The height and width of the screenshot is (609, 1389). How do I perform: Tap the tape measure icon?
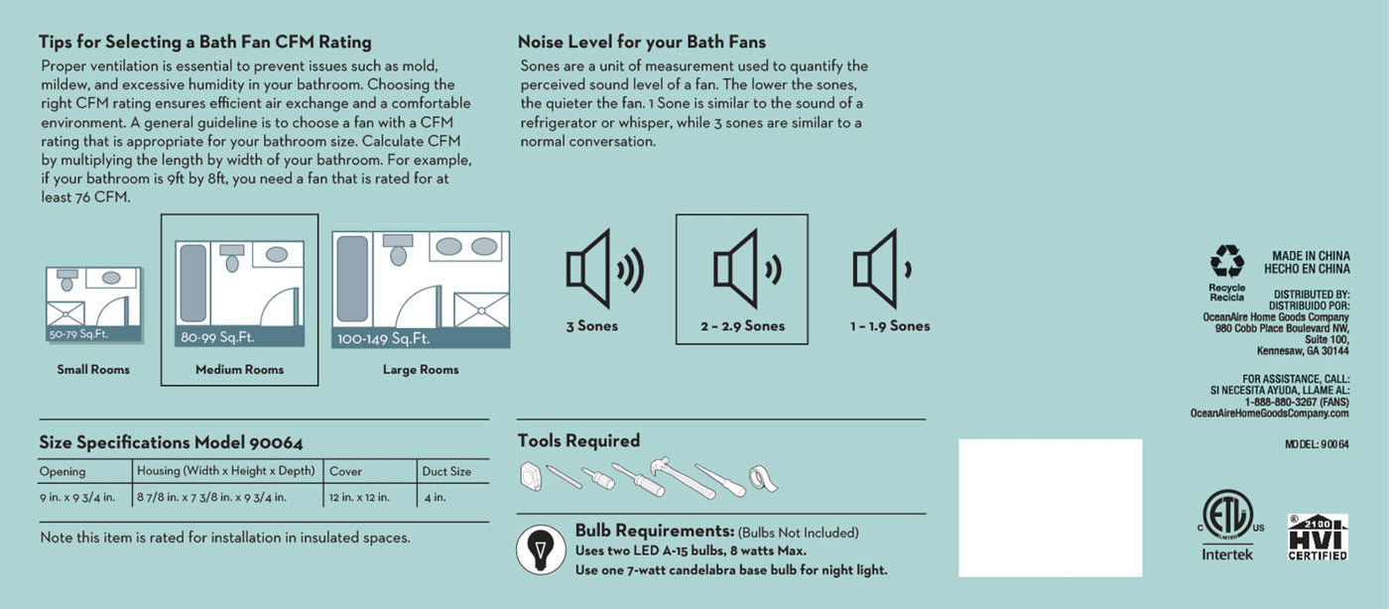pos(530,476)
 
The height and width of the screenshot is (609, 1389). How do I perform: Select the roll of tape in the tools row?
pos(763,479)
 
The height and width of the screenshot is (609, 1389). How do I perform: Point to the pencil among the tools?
pos(565,477)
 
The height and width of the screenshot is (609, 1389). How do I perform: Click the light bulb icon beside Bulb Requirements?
pos(541,549)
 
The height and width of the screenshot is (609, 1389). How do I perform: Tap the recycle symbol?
pos(1227,261)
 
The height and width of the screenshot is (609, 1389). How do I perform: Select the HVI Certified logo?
pos(1318,537)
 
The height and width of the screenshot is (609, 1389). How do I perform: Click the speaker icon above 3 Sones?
pos(604,269)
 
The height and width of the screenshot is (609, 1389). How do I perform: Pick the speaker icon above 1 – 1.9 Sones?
pos(882,269)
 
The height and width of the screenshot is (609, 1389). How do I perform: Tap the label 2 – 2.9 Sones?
pos(742,325)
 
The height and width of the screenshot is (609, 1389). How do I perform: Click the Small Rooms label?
pos(93,370)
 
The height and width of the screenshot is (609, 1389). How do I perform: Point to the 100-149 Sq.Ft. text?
pos(383,338)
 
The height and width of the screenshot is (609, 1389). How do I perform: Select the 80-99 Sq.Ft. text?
pos(217,337)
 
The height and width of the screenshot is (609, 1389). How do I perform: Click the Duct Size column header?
pos(446,471)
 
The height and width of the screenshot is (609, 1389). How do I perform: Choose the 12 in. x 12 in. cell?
pos(359,497)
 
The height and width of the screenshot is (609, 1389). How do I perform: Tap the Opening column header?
pos(62,471)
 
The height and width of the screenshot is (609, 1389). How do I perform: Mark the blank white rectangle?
pos(1051,508)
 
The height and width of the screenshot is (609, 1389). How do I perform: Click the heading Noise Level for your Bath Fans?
pos(642,43)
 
